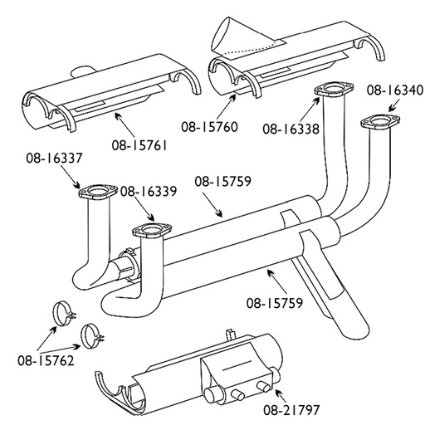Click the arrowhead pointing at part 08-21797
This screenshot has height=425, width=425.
(x=276, y=391)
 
